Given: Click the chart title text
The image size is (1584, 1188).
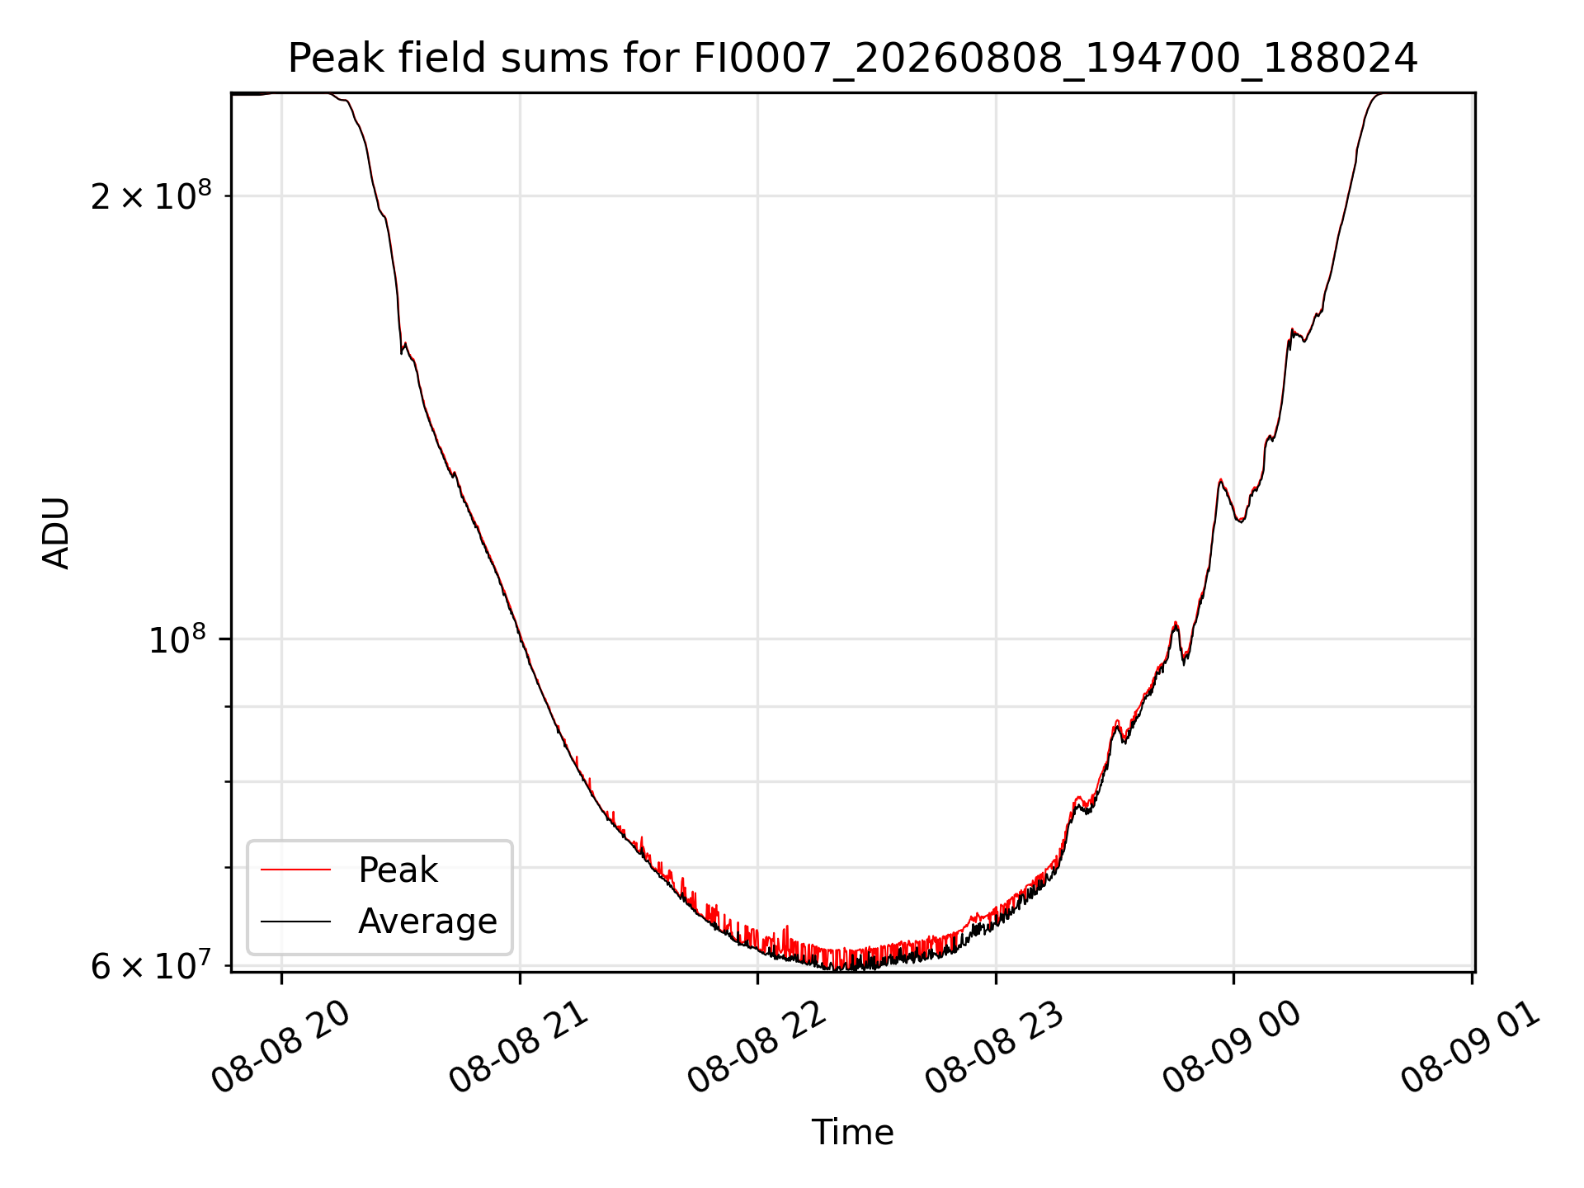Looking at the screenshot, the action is [x=852, y=59].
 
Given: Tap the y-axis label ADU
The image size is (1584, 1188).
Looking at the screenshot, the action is [x=56, y=533].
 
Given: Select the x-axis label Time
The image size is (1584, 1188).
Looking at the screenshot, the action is [x=852, y=1133].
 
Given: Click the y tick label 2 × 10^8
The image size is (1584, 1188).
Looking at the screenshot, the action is [x=151, y=196].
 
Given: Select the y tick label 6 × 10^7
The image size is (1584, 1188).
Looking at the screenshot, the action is [x=151, y=964].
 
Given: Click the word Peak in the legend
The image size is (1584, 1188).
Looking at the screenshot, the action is [x=398, y=870].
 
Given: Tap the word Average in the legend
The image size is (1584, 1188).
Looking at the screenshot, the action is [x=427, y=922].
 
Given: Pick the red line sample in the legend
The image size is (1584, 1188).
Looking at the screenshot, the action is [x=295, y=870].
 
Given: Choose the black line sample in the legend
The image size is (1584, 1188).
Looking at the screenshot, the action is [x=295, y=921].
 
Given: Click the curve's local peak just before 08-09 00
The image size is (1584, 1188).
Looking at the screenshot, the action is [x=1220, y=479].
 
